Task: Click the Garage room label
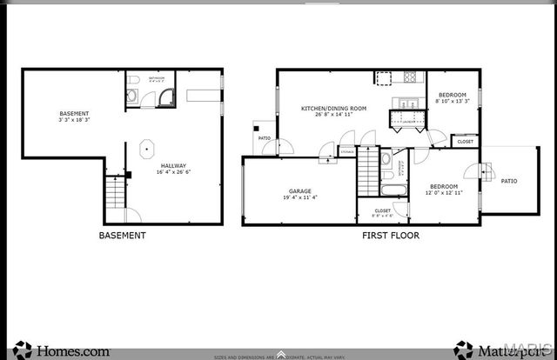(x=299, y=191)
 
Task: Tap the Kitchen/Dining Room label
(x=332, y=108)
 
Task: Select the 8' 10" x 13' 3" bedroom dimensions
(x=452, y=101)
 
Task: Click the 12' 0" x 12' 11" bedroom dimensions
(x=444, y=192)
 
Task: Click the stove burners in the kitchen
(x=410, y=77)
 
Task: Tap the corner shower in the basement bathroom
(x=168, y=98)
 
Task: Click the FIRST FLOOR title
(x=391, y=236)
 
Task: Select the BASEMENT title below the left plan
(x=122, y=236)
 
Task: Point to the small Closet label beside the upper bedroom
(x=465, y=141)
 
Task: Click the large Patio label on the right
(x=509, y=181)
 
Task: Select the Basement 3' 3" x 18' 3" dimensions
(x=74, y=117)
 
